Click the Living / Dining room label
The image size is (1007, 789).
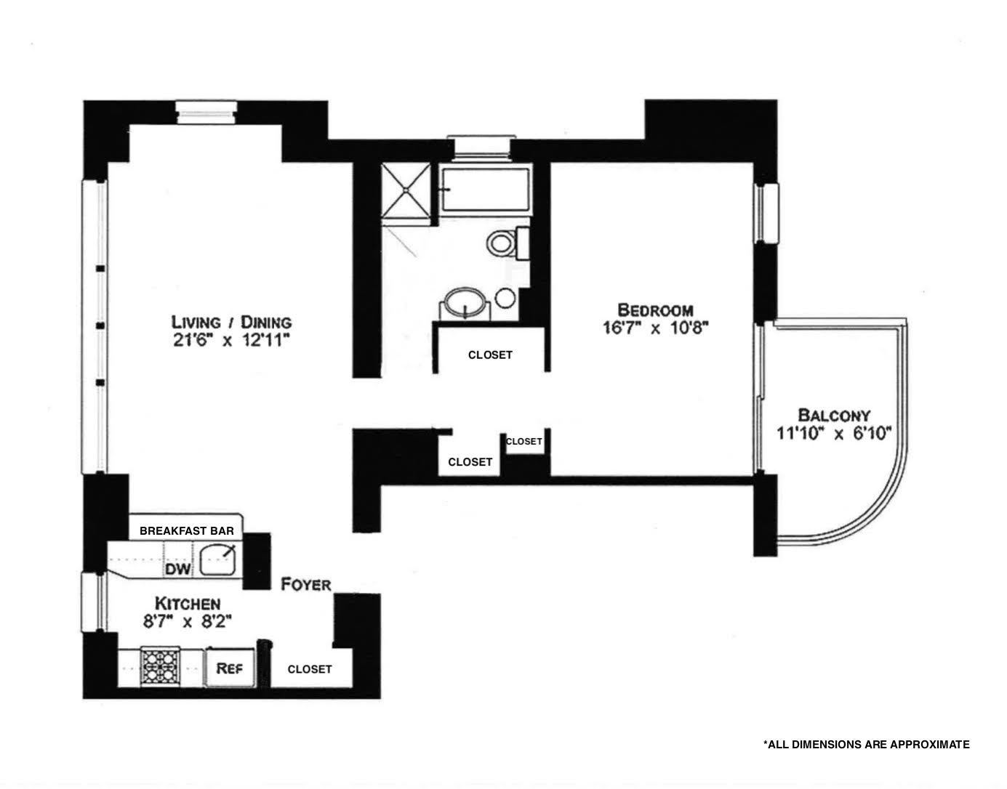(x=231, y=321)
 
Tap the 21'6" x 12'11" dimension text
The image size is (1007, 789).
(x=231, y=341)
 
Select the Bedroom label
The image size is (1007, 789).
(x=655, y=309)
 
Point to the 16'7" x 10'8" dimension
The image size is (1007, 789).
(x=654, y=328)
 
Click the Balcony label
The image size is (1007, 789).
(x=834, y=416)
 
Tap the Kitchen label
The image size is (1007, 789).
(x=187, y=603)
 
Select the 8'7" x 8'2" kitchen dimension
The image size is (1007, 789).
(x=187, y=621)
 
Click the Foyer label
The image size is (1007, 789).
(x=306, y=584)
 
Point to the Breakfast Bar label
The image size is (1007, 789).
(x=187, y=530)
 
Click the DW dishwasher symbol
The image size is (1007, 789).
(x=178, y=569)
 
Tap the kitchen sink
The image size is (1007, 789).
(x=219, y=561)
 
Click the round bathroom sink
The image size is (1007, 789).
(x=465, y=303)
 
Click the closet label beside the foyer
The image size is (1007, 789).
(x=310, y=669)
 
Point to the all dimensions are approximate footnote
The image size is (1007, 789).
(x=866, y=744)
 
